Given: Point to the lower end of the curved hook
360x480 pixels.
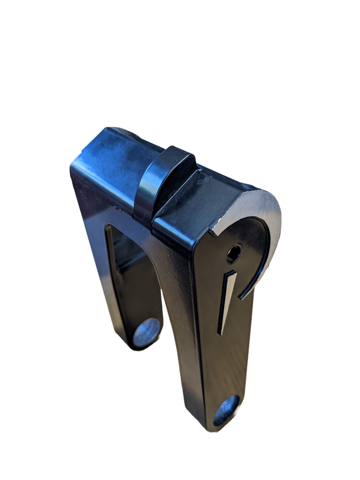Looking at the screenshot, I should [x=240, y=296].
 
